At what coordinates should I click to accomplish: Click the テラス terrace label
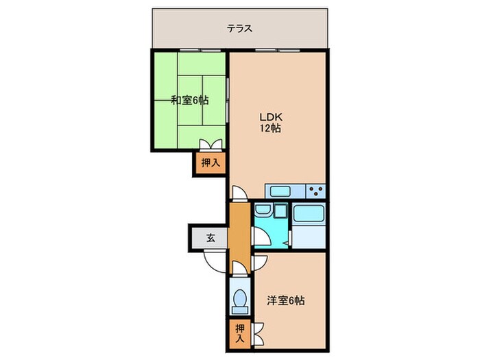pos(240,29)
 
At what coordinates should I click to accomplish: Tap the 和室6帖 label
pos(189,100)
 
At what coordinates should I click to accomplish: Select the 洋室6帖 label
pos(286,300)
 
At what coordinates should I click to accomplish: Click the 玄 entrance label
pos(211,239)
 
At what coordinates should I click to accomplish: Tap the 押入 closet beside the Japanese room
pos(210,163)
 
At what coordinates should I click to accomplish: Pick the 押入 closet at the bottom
pos(239,331)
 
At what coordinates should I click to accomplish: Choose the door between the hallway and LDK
pos(237,193)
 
